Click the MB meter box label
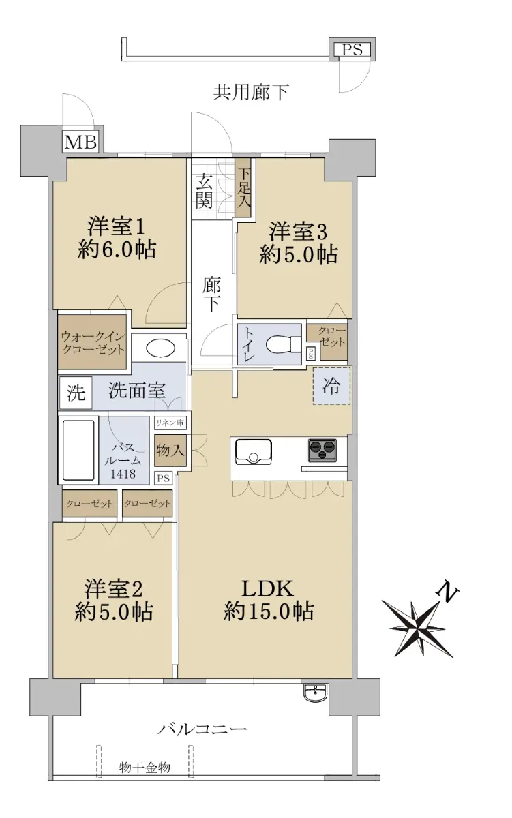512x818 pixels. click(80, 142)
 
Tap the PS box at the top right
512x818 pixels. click(352, 49)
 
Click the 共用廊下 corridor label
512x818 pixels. click(251, 92)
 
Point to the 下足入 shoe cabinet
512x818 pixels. click(243, 188)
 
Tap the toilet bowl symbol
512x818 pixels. click(283, 344)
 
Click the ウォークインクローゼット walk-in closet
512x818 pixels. click(93, 342)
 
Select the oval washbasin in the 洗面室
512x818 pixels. click(160, 348)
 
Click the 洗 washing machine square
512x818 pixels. click(76, 393)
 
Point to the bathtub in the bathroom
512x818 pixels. click(78, 449)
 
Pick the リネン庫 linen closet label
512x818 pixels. click(170, 423)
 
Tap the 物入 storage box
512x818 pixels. click(170, 450)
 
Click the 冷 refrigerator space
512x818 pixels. click(331, 386)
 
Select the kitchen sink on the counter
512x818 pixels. click(254, 452)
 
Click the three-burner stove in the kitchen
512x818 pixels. click(322, 449)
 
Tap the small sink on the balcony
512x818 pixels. click(316, 692)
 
